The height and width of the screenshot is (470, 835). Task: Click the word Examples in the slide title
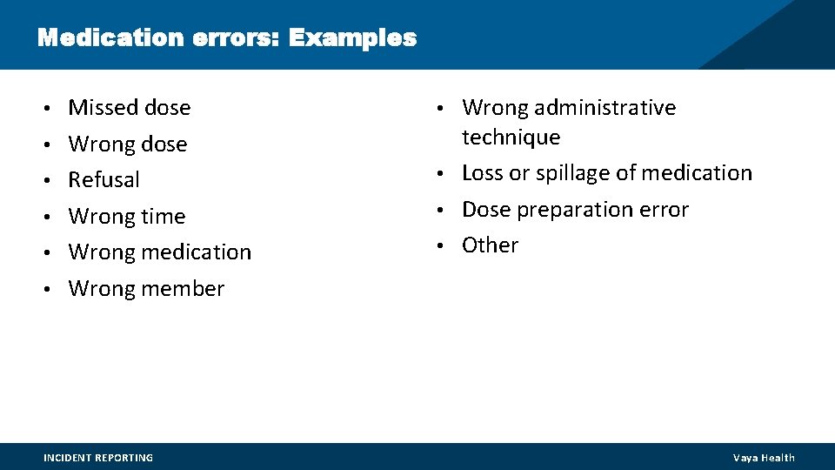352,38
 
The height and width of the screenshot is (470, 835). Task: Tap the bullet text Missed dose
129,108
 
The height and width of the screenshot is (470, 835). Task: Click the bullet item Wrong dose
127,144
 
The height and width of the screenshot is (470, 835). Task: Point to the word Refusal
104,180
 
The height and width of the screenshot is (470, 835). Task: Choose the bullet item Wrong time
126,216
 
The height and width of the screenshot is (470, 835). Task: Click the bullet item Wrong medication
159,252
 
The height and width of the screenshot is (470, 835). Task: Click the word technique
511,138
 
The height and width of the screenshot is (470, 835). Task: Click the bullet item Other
490,245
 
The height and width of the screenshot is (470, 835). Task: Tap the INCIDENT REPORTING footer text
98,458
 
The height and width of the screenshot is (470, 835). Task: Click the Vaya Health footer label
764,458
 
